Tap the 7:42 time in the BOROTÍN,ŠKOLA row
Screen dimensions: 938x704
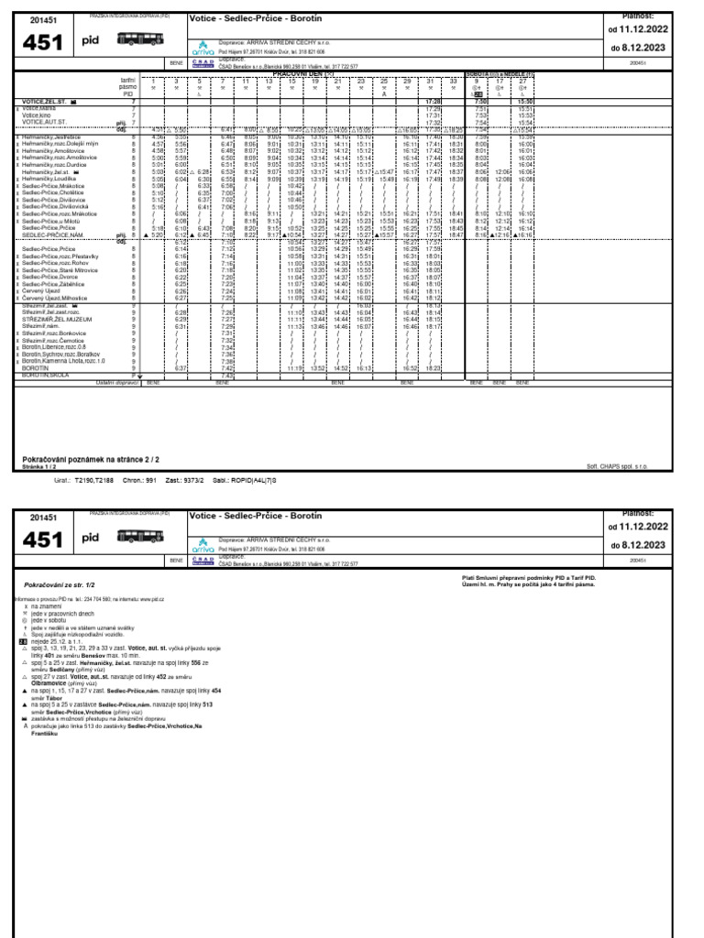click(228, 375)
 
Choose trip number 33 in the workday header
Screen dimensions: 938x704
click(456, 82)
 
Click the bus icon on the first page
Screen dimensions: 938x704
click(141, 38)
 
